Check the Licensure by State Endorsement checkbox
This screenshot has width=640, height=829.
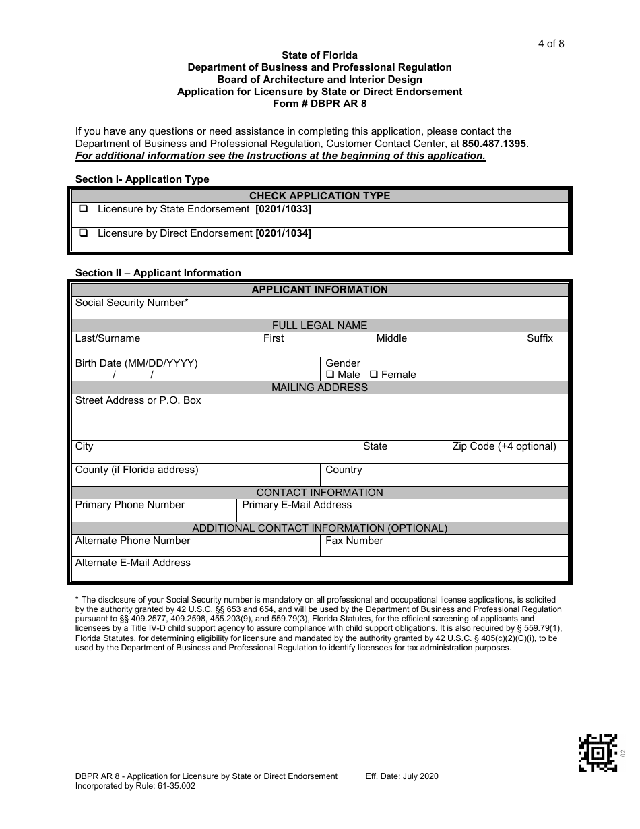84,210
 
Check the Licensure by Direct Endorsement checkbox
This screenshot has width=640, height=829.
84,234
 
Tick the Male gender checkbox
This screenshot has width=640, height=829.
330,375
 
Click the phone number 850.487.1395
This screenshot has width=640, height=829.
494,144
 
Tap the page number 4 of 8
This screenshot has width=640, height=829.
550,44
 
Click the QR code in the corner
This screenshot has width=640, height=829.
598,752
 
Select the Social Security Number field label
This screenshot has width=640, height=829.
131,303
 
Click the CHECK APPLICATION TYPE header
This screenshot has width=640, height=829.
319,196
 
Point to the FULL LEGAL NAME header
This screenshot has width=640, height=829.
319,326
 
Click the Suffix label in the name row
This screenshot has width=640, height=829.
540,338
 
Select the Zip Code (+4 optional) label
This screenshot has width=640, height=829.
504,446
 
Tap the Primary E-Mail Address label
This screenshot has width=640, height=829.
296,505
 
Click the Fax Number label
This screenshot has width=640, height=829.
354,541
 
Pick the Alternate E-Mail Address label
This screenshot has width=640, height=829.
133,563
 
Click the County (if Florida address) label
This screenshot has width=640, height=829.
137,470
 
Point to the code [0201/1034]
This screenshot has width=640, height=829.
283,234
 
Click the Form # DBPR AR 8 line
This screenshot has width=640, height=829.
319,104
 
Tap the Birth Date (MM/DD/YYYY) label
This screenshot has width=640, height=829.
136,363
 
